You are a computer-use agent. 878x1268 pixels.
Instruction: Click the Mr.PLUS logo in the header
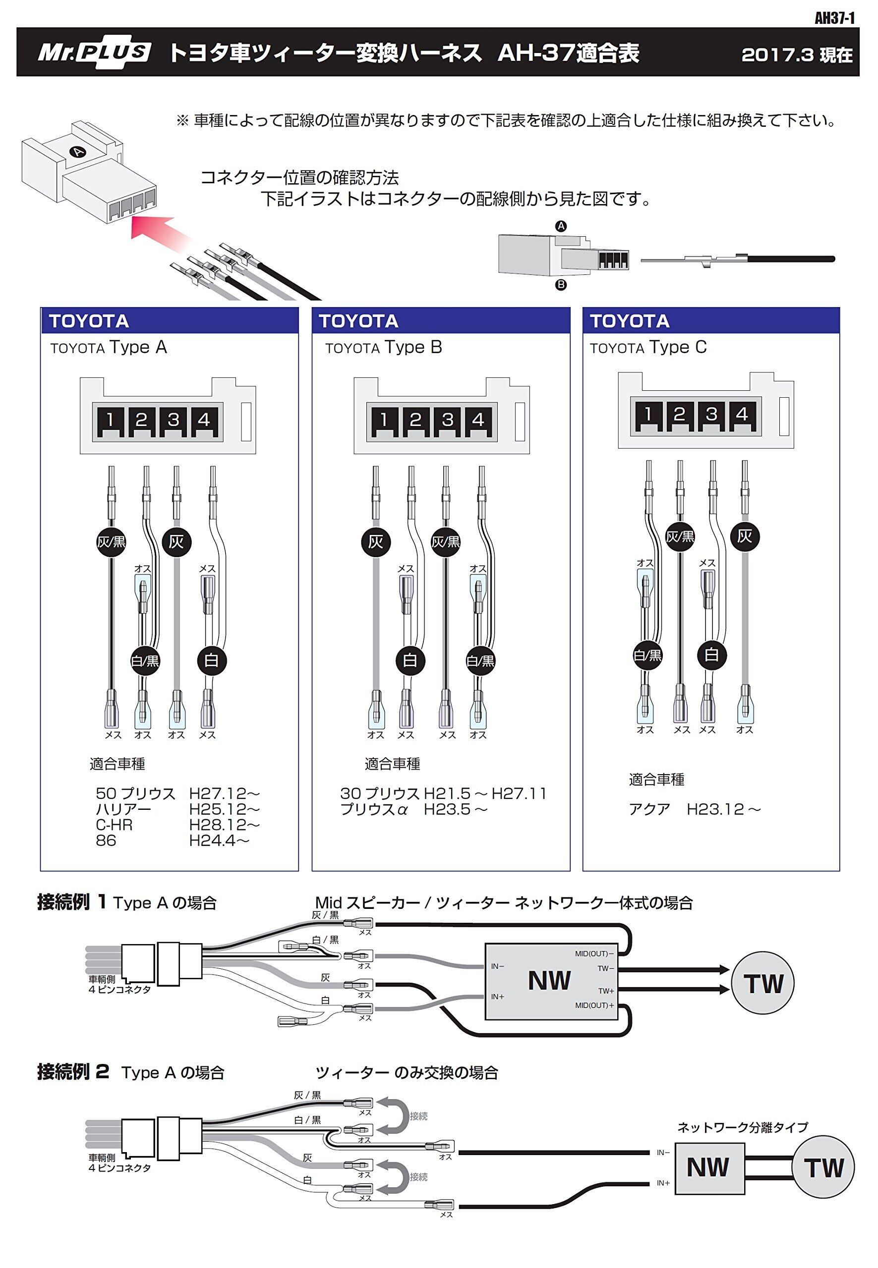tap(94, 53)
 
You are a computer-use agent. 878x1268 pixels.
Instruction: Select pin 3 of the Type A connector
tap(174, 421)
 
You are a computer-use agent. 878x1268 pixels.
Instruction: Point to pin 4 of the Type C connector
tap(742, 415)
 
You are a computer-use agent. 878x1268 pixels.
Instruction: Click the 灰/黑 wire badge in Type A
tap(111, 542)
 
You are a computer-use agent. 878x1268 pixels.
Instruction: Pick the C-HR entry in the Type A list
tap(114, 825)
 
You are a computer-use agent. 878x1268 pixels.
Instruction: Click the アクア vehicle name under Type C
tap(649, 809)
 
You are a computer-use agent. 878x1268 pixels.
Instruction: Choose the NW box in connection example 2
tap(708, 1167)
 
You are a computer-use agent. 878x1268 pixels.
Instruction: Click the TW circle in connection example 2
tap(823, 1168)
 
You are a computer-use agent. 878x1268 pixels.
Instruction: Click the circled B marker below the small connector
tap(561, 285)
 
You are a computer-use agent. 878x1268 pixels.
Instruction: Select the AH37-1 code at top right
tap(834, 19)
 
